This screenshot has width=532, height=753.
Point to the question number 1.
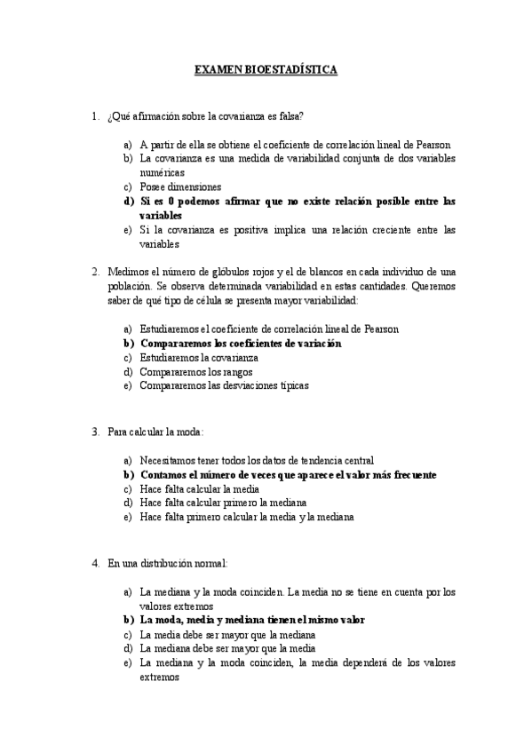tap(94, 115)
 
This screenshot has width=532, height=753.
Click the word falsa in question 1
tap(289, 115)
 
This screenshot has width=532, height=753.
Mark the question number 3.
tap(94, 432)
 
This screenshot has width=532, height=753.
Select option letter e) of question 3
tap(129, 518)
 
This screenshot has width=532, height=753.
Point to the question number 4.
tap(94, 563)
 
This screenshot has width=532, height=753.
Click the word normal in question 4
tap(211, 563)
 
